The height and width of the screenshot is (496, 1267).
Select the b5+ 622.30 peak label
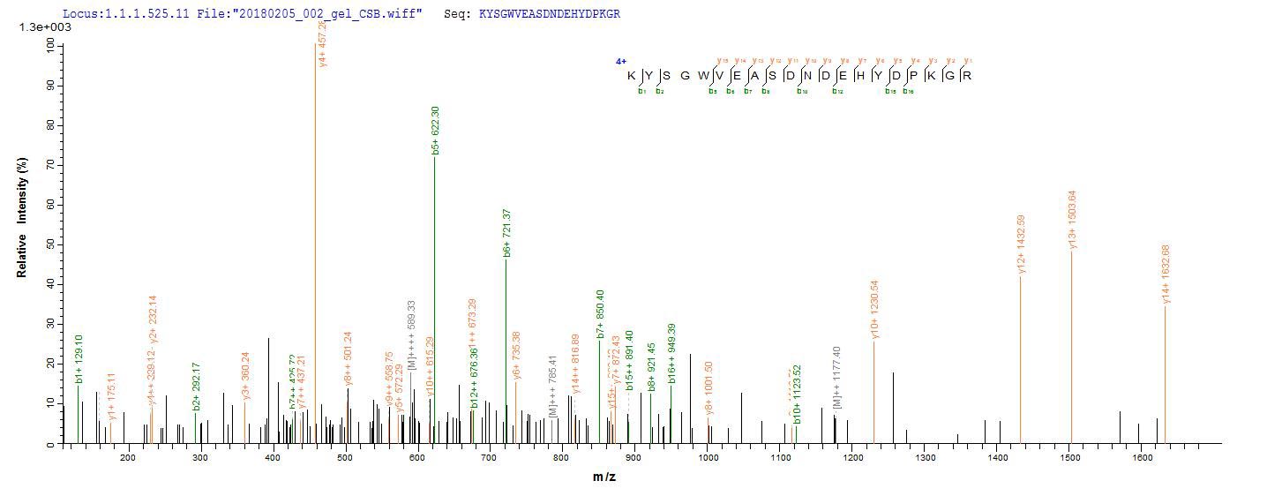pos(436,132)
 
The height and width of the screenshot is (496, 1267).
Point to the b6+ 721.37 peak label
pos(506,232)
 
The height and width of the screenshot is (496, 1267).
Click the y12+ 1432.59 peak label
pos(1021,244)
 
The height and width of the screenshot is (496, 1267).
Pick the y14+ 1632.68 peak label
pos(1166,274)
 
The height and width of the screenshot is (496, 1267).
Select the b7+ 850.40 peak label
pos(601,314)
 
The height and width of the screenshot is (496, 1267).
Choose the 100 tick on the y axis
pos(48,46)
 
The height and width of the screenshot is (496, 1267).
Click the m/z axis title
pos(604,477)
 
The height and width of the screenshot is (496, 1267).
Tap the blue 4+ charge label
pos(620,62)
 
